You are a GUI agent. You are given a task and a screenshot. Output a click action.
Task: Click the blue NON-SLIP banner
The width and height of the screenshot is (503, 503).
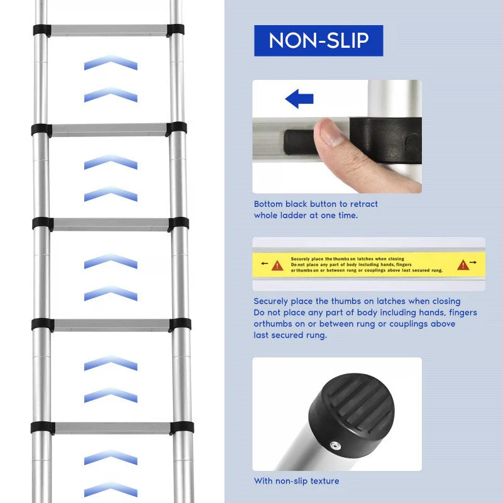coord(319,41)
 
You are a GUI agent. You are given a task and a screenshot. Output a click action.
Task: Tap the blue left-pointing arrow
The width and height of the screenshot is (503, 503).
coord(299,99)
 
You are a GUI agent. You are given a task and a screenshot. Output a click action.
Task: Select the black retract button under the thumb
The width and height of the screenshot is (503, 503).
coord(300,142)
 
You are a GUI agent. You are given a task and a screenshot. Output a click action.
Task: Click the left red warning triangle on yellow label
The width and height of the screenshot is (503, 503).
coord(277,265)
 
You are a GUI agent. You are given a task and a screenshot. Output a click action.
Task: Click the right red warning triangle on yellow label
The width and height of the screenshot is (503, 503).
coord(463,265)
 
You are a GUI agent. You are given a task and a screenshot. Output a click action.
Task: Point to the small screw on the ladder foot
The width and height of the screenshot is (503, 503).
coord(335,445)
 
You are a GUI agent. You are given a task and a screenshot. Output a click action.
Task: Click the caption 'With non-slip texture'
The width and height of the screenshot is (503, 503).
coord(296,481)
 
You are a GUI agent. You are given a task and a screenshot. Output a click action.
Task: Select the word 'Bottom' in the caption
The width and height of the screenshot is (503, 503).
coord(268,204)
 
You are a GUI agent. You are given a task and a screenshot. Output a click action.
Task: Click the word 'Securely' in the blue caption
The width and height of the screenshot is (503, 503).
coord(271,302)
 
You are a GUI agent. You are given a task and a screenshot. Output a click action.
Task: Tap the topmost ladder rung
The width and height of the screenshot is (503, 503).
coord(109,30)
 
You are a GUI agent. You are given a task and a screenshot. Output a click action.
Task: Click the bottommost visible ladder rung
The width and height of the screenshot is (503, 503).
coord(113,428)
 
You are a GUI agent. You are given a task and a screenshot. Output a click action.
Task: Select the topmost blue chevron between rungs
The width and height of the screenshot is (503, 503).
coord(111,62)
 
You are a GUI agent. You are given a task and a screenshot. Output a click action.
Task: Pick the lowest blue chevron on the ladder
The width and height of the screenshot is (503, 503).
coord(111,490)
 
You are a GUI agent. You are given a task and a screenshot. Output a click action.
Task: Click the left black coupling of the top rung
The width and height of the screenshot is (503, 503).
coord(42,30)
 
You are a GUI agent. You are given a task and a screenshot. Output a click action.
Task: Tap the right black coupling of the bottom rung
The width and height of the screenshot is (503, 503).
coord(182,428)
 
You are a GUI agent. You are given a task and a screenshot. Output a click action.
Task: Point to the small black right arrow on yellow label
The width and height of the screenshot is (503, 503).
coord(473,262)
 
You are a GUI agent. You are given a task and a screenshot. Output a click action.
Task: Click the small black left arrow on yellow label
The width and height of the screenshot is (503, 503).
coord(264,263)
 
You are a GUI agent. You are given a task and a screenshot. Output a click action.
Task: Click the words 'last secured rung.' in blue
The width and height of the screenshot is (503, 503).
coord(290,335)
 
